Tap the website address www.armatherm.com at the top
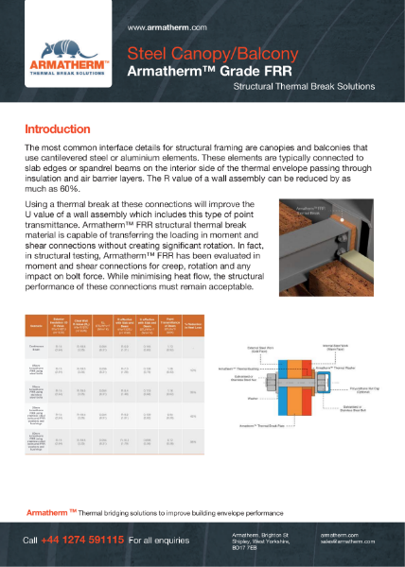tap(162, 30)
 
